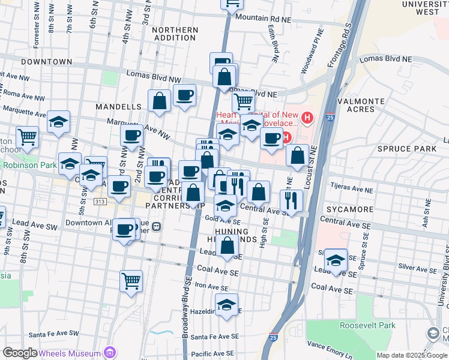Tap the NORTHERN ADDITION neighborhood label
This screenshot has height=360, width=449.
click(175, 34)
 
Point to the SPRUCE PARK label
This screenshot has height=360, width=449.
click(399, 148)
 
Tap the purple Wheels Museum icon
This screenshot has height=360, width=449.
click(109, 352)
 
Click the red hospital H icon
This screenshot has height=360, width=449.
click(308, 118)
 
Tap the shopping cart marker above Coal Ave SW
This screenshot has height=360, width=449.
click(131, 280)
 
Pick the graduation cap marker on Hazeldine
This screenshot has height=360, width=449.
click(226, 304)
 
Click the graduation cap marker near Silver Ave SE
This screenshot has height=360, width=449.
click(336, 260)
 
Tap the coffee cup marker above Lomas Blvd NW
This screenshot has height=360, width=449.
click(221, 62)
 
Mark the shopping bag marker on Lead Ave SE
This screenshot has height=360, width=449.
click(228, 245)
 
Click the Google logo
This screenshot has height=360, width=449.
click(20, 353)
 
